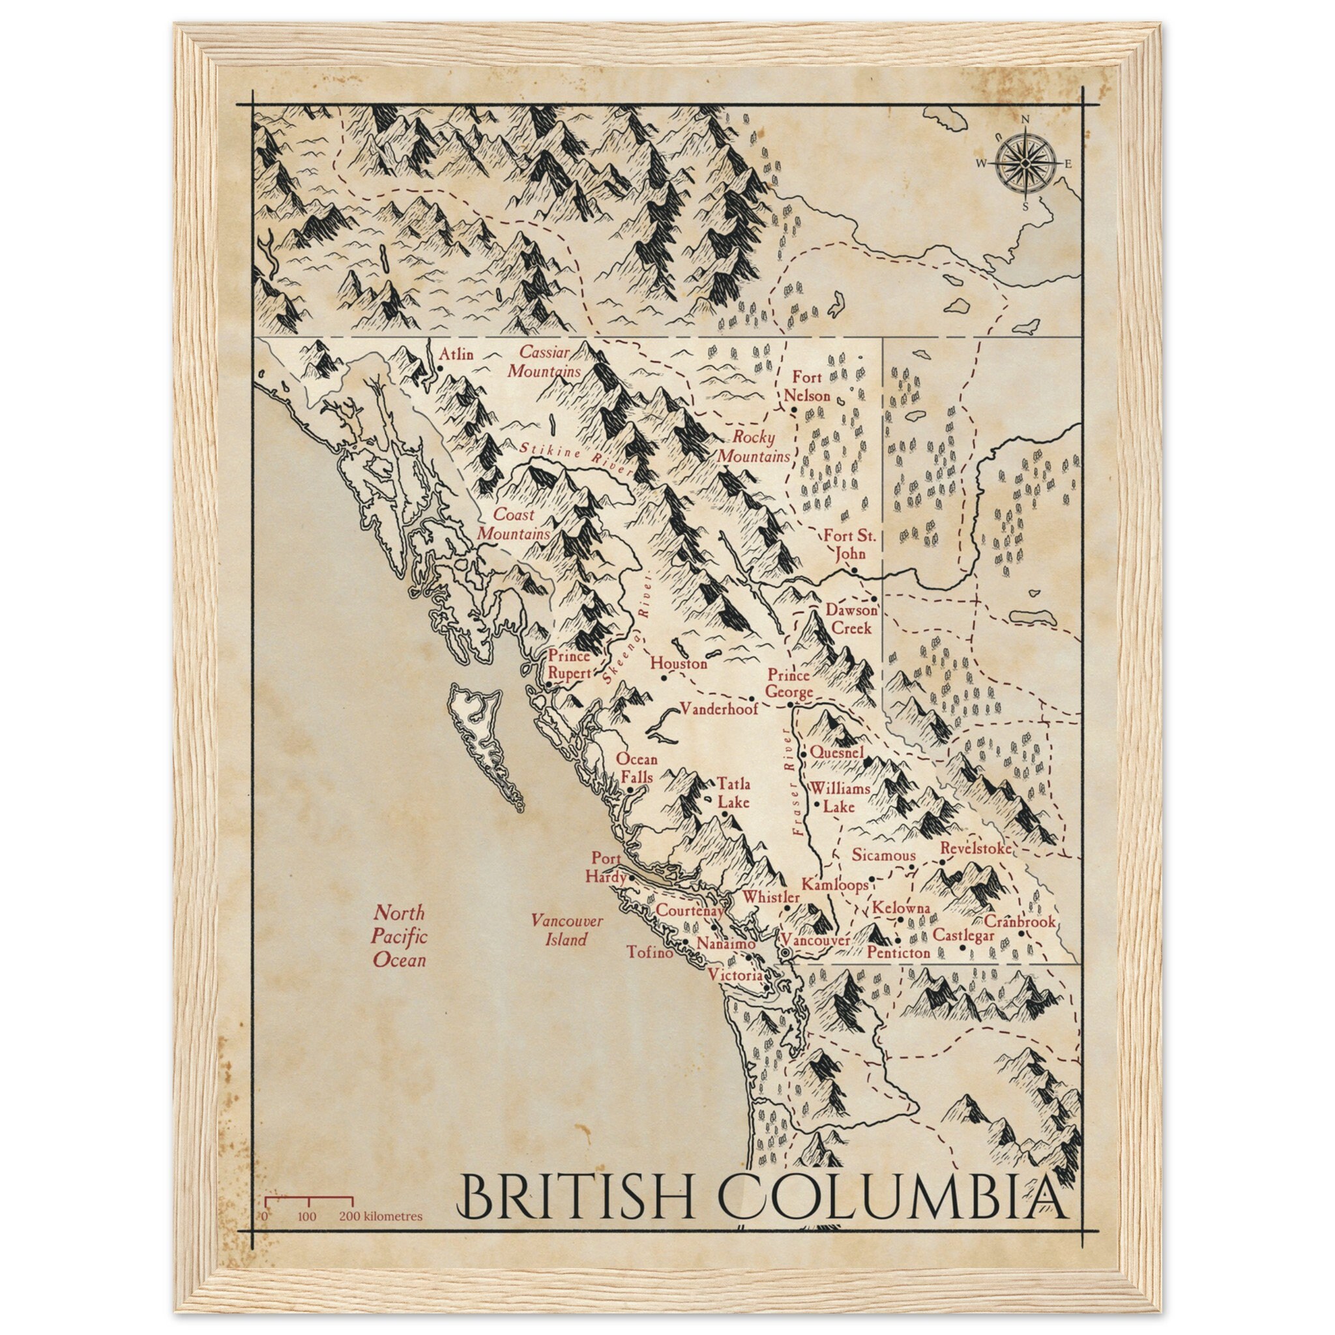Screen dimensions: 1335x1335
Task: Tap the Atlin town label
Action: click(457, 355)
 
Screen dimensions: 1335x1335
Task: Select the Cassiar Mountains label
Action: click(544, 361)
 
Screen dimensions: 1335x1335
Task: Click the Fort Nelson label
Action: click(806, 387)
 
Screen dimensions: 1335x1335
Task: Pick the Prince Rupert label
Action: click(569, 664)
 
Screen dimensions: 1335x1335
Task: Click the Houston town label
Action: click(679, 664)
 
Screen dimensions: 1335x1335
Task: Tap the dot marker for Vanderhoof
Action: click(752, 699)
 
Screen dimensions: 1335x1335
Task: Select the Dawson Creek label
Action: click(852, 619)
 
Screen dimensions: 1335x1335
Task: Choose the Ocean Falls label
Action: click(636, 768)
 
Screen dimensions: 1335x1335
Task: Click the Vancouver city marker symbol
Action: click(785, 954)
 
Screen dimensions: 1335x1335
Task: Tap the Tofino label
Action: click(649, 952)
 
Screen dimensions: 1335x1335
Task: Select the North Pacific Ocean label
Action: click(400, 936)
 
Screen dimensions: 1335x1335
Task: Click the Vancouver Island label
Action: click(566, 930)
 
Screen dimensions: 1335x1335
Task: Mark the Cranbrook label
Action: click(1020, 921)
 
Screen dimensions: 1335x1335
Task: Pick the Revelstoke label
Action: click(976, 848)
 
